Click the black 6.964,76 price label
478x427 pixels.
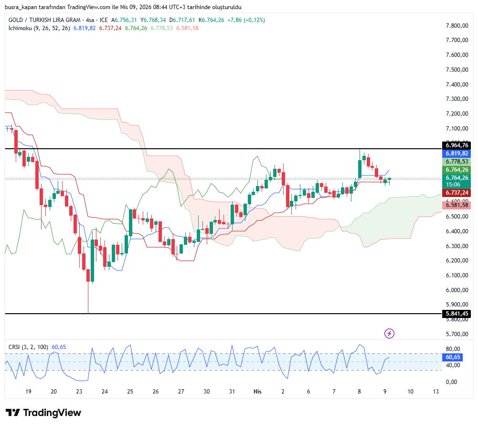[457, 145]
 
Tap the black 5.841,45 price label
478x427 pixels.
[457, 314]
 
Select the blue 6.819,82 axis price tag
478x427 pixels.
[457, 153]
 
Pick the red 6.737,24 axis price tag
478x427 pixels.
[457, 192]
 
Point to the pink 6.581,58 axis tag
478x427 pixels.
[457, 205]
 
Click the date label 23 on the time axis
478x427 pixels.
[79, 391]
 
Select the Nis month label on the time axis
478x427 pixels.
[257, 391]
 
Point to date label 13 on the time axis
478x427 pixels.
[436, 391]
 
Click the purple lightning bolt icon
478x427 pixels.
[390, 333]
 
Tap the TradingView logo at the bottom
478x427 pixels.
[43, 413]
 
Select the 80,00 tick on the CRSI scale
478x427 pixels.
[453, 349]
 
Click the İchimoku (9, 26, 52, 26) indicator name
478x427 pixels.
[39, 28]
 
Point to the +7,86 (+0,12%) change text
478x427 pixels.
[246, 20]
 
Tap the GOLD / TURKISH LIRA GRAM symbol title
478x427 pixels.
[45, 20]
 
